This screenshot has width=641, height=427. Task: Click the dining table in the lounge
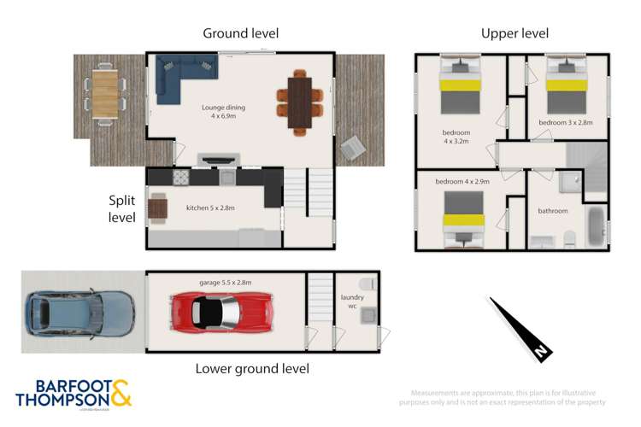point(299,102)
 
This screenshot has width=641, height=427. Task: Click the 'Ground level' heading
point(240,33)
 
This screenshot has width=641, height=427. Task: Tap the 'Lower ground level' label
point(252,369)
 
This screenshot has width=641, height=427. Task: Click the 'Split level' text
point(122,208)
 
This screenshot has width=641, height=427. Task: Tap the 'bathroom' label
point(552,211)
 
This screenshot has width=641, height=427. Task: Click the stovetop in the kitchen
point(182,178)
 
